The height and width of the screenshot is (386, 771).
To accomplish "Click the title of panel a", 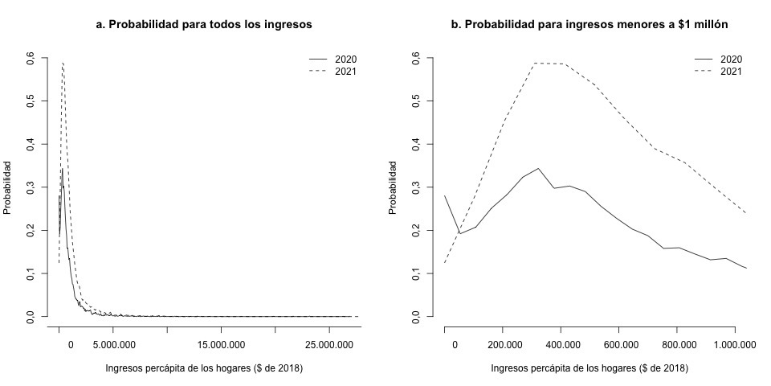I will [204, 25].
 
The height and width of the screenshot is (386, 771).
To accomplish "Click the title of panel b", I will [589, 25].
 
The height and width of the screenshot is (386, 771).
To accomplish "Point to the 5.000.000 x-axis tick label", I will [113, 345].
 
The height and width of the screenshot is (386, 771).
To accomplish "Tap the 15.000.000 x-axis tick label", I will [222, 345].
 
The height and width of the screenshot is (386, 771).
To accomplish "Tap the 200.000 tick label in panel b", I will [502, 345].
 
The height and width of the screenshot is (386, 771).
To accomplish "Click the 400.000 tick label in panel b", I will [561, 345].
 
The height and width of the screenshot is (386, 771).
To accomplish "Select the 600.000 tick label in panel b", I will [618, 345].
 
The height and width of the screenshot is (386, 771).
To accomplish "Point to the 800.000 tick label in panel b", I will [677, 345].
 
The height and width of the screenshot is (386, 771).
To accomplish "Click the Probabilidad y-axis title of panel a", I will [7, 187].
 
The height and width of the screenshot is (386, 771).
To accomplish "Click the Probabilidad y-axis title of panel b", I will [393, 187].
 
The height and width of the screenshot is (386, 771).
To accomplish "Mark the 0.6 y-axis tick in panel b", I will [415, 58].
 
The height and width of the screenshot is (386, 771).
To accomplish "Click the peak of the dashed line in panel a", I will [63, 63].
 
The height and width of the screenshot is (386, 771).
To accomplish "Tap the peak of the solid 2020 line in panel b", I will [538, 168].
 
